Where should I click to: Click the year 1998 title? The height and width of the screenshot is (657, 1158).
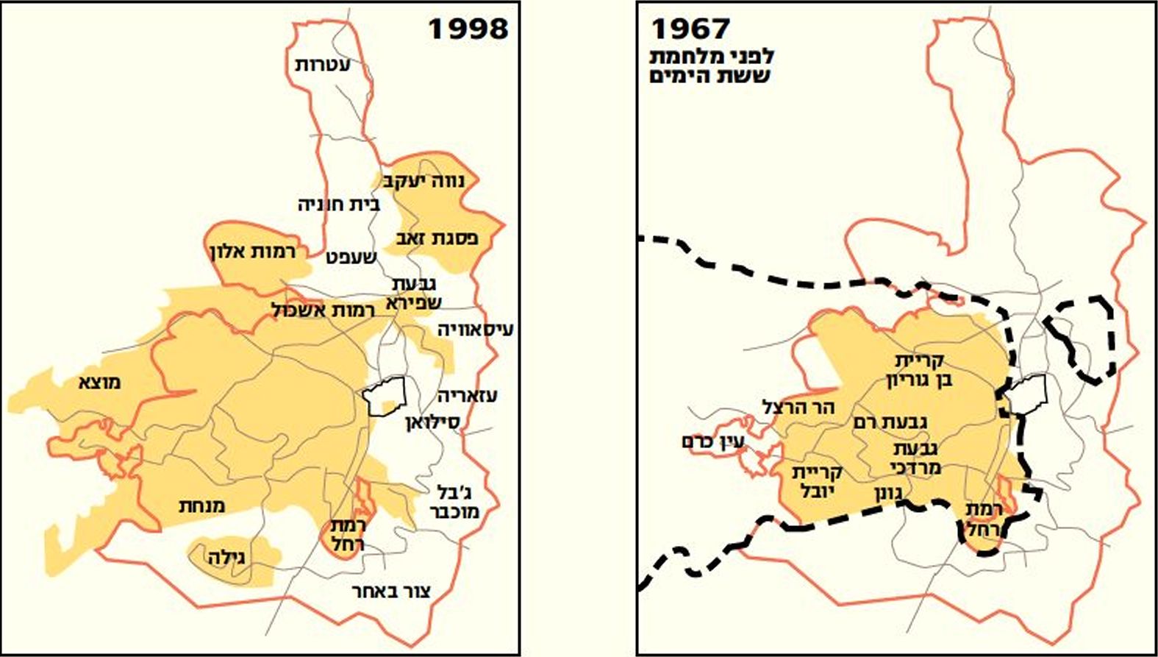(468, 29)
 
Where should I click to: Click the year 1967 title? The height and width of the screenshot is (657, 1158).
(690, 29)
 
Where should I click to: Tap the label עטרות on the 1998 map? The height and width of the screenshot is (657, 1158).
(323, 65)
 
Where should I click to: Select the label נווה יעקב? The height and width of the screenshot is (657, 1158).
(426, 181)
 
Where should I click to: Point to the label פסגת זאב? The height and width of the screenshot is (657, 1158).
(437, 238)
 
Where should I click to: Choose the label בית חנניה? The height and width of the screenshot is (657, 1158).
(338, 204)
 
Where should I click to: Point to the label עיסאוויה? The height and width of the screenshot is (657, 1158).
(475, 329)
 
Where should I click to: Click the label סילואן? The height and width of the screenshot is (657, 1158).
(432, 423)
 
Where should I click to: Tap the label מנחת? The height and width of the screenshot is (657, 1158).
(201, 505)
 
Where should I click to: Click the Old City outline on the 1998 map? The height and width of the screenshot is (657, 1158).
(385, 397)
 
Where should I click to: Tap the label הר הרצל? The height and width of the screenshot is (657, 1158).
(798, 407)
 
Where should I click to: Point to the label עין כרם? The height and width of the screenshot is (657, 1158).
(713, 442)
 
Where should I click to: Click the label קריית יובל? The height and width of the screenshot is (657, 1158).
(817, 481)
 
